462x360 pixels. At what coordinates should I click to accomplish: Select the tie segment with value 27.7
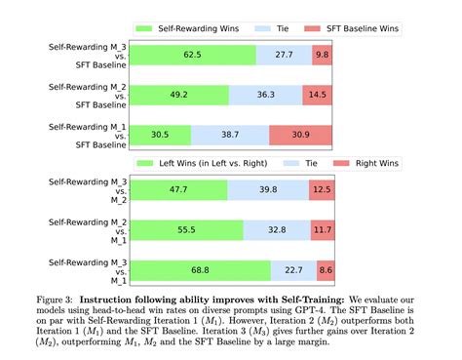pos(285,58)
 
